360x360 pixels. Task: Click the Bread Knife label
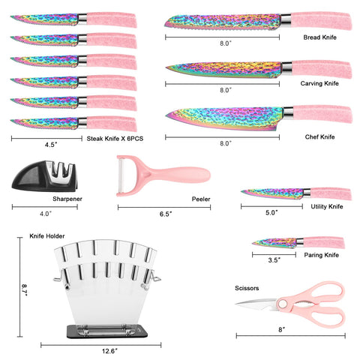(319, 37)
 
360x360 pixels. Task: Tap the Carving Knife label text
(319, 83)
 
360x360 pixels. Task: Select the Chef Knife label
(319, 136)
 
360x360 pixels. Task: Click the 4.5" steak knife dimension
(51, 145)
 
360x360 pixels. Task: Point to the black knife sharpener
(44, 176)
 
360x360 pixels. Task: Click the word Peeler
(201, 199)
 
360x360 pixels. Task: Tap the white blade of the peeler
(121, 175)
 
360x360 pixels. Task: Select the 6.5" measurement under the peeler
(166, 214)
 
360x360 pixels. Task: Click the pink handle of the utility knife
(331, 193)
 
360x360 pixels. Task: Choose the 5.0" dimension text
(271, 212)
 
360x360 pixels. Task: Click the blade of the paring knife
(274, 242)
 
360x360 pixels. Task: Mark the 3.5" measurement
(274, 260)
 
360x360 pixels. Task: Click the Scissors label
(247, 288)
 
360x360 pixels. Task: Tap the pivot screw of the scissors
(283, 304)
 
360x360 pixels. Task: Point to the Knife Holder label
(47, 236)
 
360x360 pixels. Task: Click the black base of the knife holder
(107, 331)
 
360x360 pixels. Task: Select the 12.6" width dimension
(109, 351)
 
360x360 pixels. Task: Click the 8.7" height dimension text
(24, 290)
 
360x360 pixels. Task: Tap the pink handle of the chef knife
(322, 114)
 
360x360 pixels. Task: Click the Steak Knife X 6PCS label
(115, 139)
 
